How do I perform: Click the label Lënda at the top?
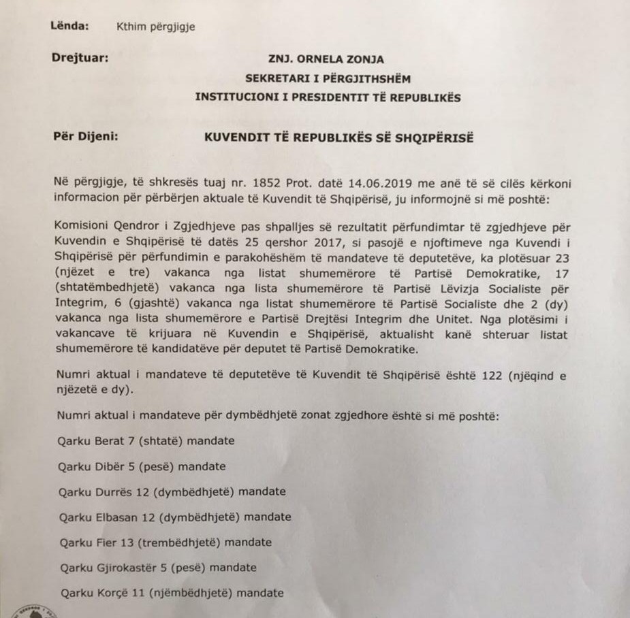[70, 27]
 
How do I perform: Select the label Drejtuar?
[80, 58]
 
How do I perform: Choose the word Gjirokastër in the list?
[124, 568]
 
